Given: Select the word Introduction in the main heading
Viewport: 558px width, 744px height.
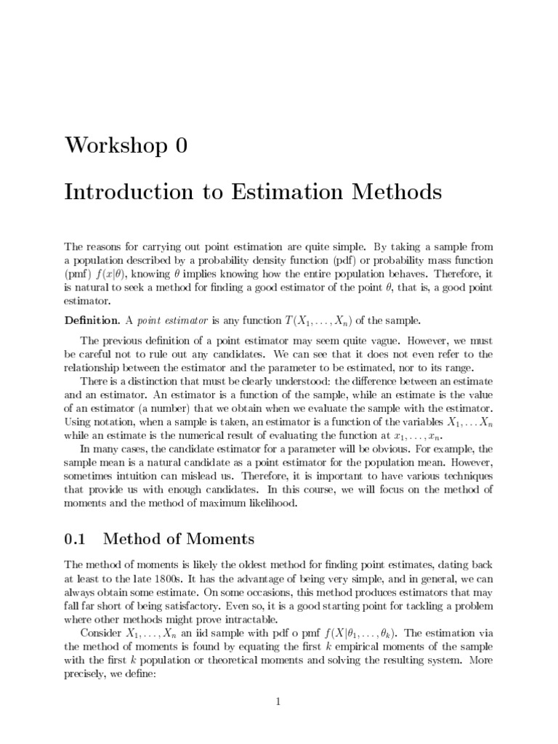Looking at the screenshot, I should click(x=124, y=193).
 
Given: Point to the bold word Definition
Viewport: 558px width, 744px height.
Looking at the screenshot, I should click(x=90, y=320).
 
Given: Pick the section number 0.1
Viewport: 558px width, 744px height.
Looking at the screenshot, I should click(x=76, y=539).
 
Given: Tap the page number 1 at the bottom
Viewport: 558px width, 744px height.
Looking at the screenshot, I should click(x=278, y=702).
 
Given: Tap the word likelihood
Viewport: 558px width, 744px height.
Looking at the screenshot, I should click(x=270, y=503).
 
